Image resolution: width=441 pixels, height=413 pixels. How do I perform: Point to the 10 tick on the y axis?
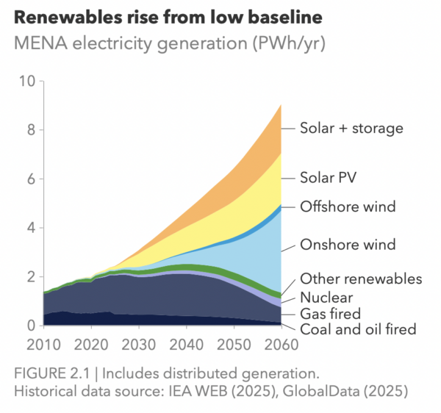pyautogui.click(x=26, y=81)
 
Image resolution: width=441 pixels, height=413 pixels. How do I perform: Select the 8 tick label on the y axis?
pyautogui.click(x=31, y=130)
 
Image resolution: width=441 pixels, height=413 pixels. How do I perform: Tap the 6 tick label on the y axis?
pyautogui.click(x=31, y=179)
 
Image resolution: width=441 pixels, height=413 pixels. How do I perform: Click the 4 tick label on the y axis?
pyautogui.click(x=31, y=228)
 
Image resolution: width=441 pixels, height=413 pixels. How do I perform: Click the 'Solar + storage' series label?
pyautogui.click(x=351, y=129)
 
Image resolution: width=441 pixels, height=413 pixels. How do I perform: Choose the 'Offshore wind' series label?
pyautogui.click(x=348, y=206)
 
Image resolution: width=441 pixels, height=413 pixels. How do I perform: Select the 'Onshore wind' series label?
pyautogui.click(x=348, y=245)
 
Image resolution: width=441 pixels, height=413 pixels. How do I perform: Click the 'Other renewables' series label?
pyautogui.click(x=361, y=279)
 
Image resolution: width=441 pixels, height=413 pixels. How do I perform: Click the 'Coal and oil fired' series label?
pyautogui.click(x=358, y=329)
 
